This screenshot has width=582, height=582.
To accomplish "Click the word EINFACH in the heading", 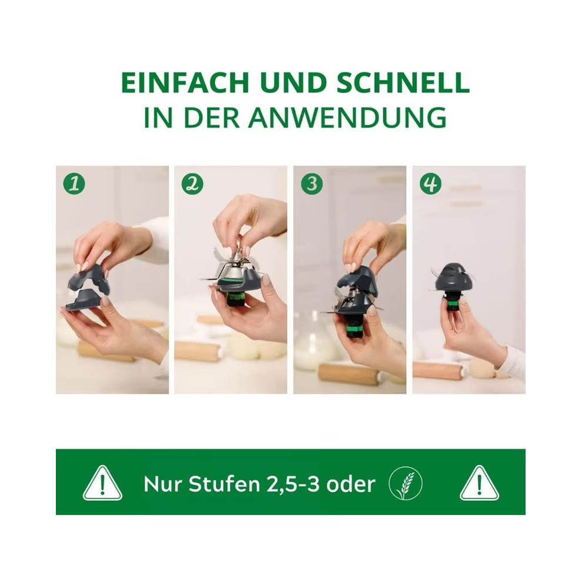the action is (x=185, y=82).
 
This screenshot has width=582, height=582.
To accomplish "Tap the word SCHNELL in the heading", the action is (x=403, y=82).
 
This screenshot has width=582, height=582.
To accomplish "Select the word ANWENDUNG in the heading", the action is (x=347, y=118).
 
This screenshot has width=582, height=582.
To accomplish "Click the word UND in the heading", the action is (x=293, y=82).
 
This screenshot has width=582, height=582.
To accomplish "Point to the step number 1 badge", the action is (x=74, y=184).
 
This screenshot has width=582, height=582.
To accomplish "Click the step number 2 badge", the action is (x=193, y=184).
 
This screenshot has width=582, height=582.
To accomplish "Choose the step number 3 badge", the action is (x=312, y=184).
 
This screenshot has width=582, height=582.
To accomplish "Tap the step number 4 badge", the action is (x=430, y=184).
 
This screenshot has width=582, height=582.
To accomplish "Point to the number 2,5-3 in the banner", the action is (x=293, y=484).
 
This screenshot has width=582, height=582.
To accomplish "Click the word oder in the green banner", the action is (x=351, y=484).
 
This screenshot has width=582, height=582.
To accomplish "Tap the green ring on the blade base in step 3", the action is (x=354, y=329).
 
